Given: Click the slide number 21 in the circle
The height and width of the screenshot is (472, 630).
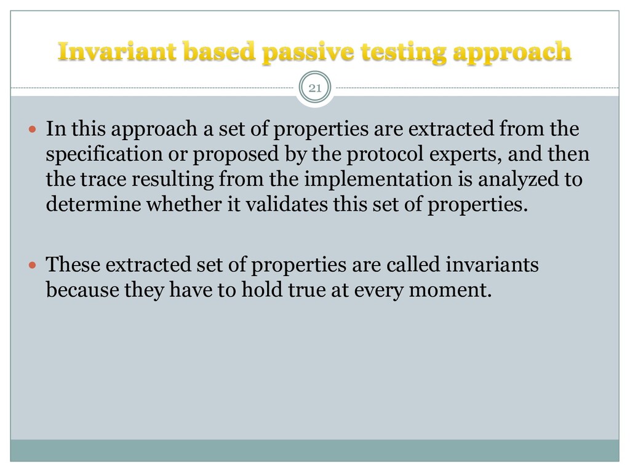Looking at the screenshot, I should click(x=315, y=88).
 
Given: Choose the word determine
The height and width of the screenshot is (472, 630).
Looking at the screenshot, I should click(x=93, y=204).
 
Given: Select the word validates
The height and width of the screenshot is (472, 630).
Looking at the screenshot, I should click(x=285, y=204).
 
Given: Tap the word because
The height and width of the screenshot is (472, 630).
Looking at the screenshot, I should click(x=81, y=290).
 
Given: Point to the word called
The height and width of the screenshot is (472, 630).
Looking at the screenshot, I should click(x=415, y=265).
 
